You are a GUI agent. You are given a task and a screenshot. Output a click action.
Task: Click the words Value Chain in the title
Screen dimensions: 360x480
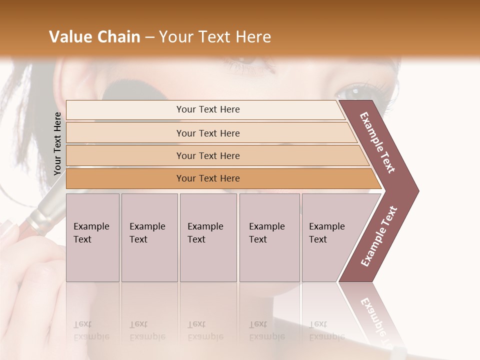(x=94, y=37)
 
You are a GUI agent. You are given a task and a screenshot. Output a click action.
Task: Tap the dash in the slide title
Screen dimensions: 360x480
(x=149, y=37)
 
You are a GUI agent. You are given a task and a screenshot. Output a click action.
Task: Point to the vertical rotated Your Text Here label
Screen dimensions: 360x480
(x=57, y=143)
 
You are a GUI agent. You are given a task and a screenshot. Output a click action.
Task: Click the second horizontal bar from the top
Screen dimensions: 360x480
(x=208, y=133)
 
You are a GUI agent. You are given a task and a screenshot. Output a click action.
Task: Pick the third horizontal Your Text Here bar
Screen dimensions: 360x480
(x=208, y=155)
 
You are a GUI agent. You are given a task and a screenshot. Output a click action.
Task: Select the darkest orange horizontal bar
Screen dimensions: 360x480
(x=208, y=178)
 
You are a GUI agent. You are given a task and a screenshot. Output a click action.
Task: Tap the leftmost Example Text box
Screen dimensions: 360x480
(x=92, y=237)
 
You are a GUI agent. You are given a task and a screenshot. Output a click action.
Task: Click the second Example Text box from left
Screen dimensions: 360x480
(x=149, y=237)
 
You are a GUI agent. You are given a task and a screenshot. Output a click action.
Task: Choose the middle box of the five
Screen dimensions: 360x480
(x=208, y=237)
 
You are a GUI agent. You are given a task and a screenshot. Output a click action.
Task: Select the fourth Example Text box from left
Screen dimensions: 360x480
(x=269, y=237)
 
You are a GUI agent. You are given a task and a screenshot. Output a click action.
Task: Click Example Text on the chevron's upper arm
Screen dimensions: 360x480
(x=378, y=142)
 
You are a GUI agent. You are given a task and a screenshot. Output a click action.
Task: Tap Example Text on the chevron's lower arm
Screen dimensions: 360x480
(x=379, y=236)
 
